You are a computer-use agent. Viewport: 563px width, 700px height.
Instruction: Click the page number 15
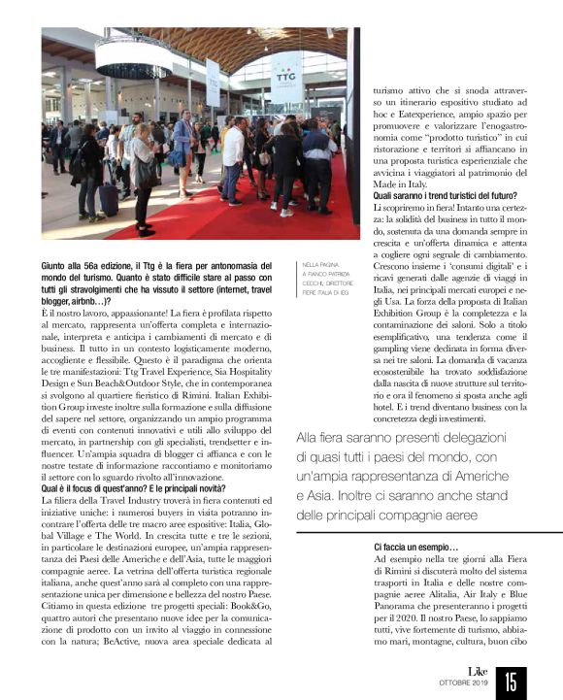[x=512, y=679]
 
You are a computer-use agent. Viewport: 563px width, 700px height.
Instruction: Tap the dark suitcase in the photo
[x=111, y=198]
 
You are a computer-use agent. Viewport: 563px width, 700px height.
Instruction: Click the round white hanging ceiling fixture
[x=133, y=57]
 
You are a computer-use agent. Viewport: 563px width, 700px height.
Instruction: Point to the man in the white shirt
[x=234, y=155]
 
